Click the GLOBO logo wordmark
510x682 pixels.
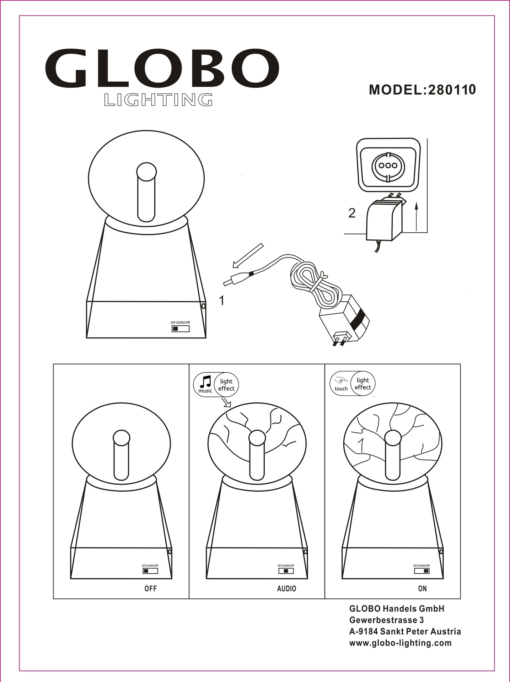[162, 68]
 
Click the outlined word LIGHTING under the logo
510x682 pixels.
[159, 100]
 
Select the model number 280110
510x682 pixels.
[452, 90]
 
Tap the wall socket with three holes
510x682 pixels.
[388, 165]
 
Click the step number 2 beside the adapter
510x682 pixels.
[352, 213]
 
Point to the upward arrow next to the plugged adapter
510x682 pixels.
[417, 216]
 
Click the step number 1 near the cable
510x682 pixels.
[222, 301]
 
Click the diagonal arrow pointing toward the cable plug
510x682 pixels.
[248, 255]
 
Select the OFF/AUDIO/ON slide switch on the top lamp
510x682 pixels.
[181, 329]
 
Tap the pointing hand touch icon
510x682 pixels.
[341, 381]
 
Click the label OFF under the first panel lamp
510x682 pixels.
[151, 589]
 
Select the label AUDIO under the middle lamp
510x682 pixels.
[286, 589]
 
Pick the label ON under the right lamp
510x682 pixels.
[422, 589]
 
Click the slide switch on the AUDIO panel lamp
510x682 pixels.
[286, 571]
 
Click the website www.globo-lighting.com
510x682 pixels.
[401, 643]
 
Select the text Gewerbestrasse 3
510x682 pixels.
[387, 620]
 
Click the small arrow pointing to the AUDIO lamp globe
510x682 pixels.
[226, 402]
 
